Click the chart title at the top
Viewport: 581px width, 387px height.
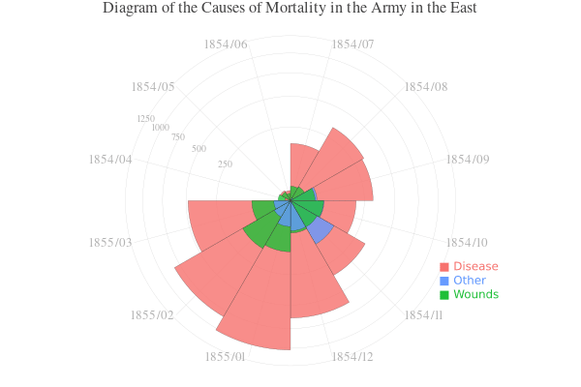tap(290, 9)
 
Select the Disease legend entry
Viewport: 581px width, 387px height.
tap(474, 266)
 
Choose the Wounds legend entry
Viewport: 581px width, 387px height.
tap(475, 294)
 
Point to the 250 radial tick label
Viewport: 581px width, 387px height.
tap(226, 164)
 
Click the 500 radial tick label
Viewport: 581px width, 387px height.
tap(199, 149)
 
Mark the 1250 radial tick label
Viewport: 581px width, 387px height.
tap(146, 119)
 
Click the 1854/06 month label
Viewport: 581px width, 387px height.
tap(226, 45)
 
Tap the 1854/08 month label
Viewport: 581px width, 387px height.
tap(426, 87)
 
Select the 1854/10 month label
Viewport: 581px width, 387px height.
tap(468, 242)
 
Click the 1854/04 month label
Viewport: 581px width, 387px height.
tap(109, 159)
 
